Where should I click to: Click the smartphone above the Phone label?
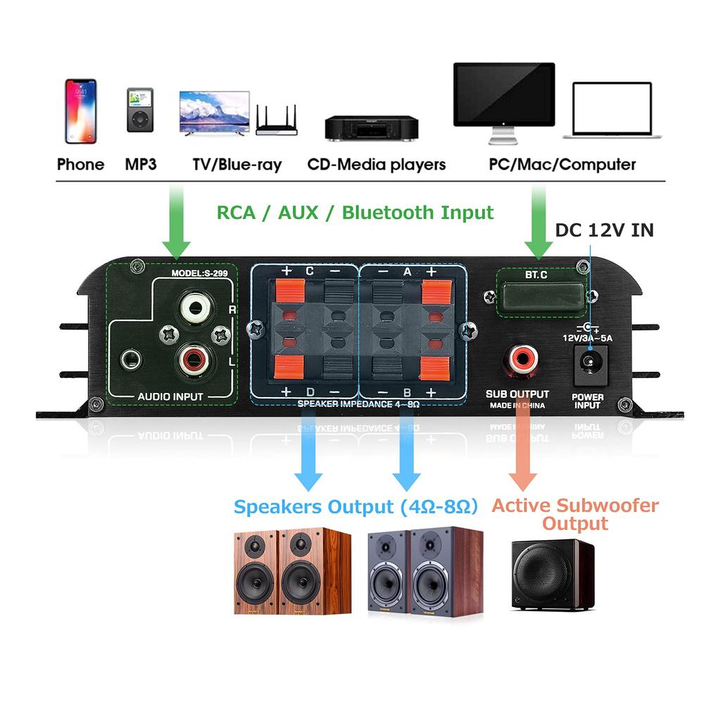coord(80,111)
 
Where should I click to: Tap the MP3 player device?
coord(139,110)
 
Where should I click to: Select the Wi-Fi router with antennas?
coord(277,121)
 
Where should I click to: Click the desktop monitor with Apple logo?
coord(503,99)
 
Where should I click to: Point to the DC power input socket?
coord(587,363)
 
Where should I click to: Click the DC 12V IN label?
coord(604,230)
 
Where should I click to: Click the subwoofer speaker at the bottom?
coord(553,575)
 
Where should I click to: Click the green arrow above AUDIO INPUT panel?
coord(176,218)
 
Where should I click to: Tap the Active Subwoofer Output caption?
coord(575,515)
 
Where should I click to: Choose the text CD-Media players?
coord(376,165)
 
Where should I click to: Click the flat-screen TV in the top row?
coord(215,113)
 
